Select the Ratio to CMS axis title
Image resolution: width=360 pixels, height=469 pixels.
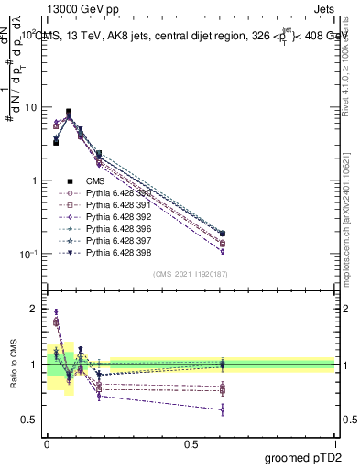[x=13, y=366]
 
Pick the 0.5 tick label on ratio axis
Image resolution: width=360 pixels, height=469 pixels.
[x=30, y=420]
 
